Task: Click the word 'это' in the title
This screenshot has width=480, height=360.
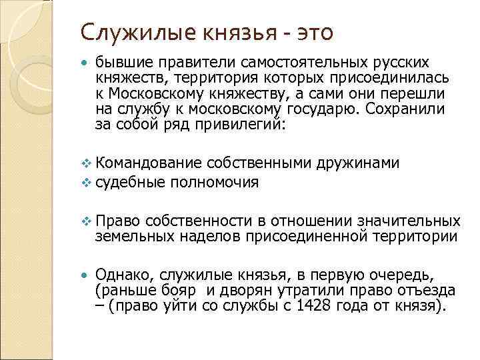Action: click(311, 31)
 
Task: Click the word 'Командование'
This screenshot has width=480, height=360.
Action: click(148, 163)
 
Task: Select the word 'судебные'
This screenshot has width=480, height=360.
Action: click(131, 181)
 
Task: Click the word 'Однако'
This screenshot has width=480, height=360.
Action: click(119, 274)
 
